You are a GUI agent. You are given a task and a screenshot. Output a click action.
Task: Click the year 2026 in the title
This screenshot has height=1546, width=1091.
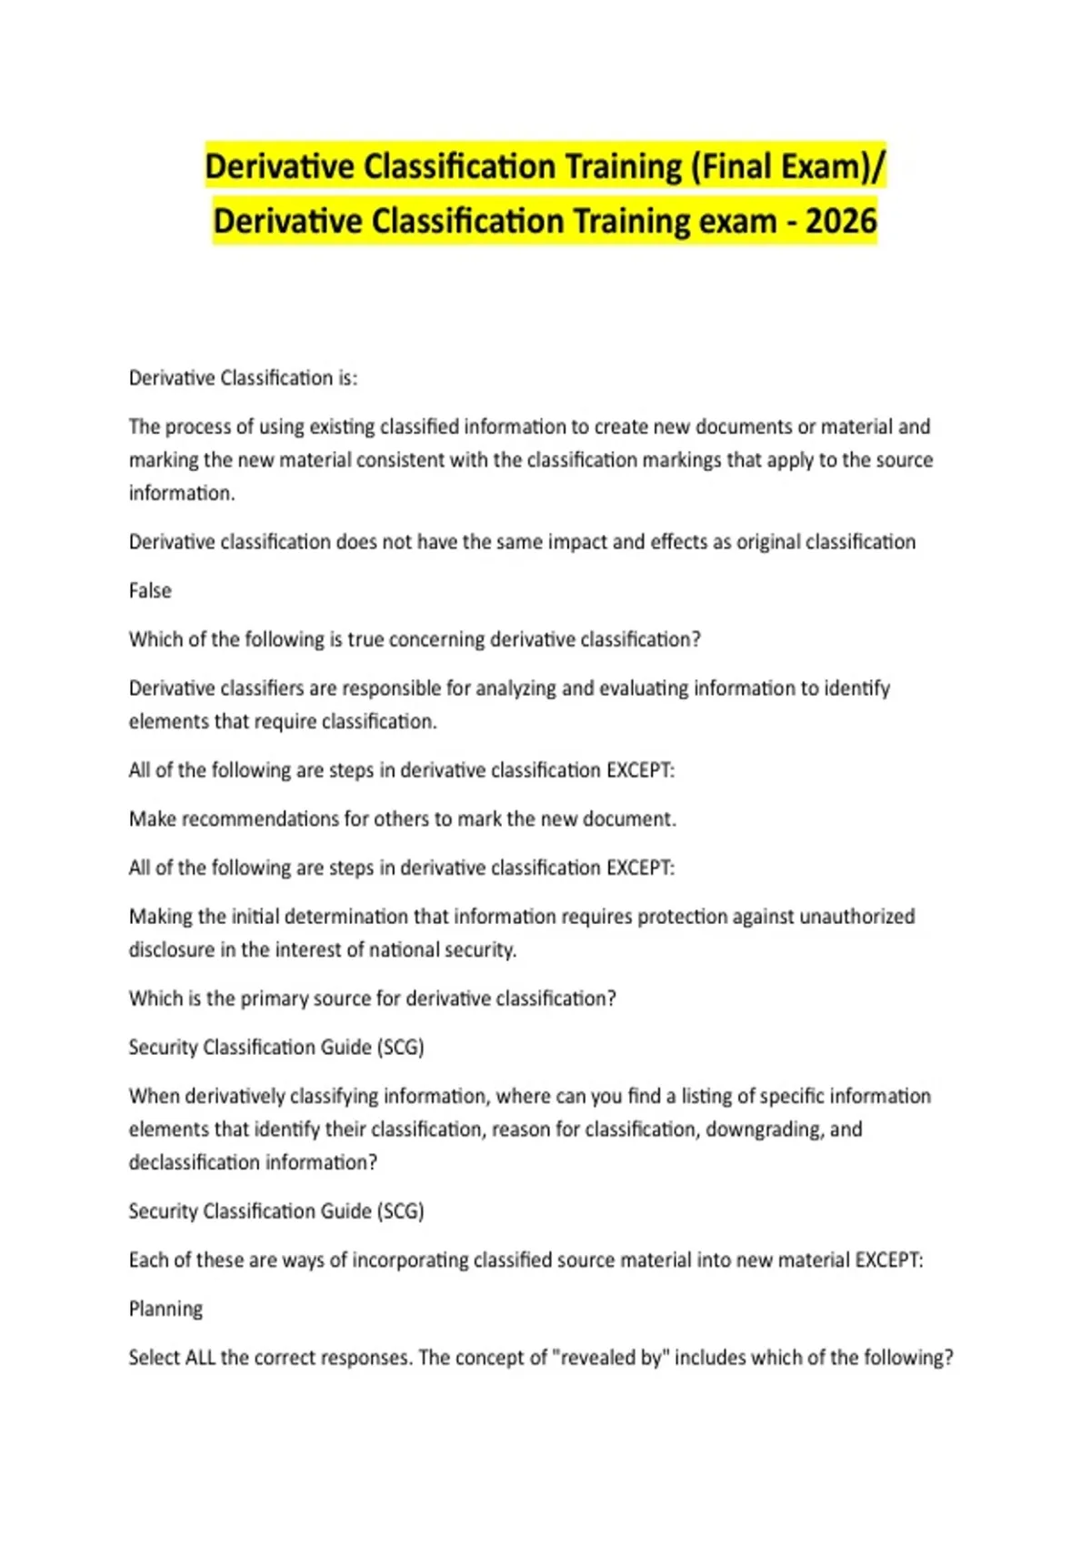[841, 221]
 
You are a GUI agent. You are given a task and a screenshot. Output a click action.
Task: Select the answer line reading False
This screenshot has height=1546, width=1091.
[150, 591]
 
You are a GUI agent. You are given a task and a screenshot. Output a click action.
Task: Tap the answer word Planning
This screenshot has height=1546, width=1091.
[165, 1309]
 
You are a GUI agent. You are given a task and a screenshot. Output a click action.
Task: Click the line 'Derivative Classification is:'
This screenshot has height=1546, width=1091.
[243, 378]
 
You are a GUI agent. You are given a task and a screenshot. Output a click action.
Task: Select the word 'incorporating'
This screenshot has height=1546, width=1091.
[409, 1260]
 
